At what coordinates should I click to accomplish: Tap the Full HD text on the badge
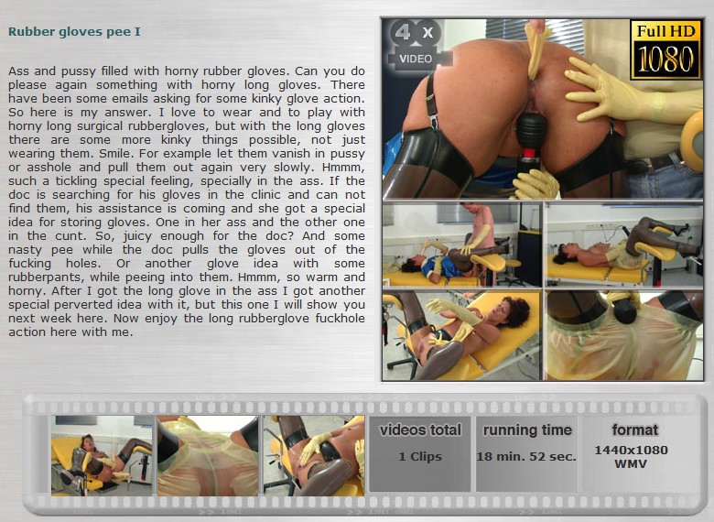[665, 31]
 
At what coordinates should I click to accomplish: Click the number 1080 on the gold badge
[665, 60]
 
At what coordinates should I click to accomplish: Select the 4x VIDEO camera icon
[416, 44]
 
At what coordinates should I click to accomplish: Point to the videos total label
[420, 430]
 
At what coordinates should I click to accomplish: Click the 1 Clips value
[420, 456]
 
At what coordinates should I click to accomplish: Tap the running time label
[527, 430]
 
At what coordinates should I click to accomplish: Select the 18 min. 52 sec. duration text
[526, 456]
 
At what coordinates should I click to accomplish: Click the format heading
[634, 430]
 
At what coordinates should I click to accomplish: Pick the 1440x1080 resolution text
[631, 450]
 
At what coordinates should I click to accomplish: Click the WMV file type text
[631, 463]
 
